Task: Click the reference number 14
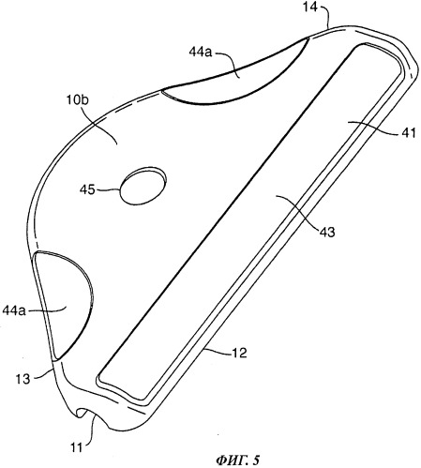309,8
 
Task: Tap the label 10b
77,101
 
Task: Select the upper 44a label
201,52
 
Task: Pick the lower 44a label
14,310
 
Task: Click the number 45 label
87,189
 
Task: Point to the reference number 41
409,133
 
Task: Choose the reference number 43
327,232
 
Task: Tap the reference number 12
239,353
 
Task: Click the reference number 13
23,379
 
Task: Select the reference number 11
76,447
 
